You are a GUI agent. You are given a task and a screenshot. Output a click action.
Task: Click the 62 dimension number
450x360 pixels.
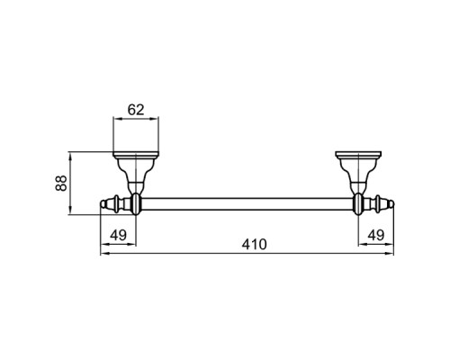pos(136,110)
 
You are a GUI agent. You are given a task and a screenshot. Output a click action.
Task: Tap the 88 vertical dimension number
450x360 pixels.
pos(61,183)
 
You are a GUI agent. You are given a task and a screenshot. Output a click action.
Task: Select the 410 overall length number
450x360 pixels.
pos(254,245)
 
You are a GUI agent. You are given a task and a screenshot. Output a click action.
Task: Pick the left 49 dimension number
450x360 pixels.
pos(119,235)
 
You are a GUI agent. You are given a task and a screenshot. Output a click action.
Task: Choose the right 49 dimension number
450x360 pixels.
pos(376,235)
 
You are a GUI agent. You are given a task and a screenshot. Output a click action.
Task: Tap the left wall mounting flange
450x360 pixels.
pos(136,155)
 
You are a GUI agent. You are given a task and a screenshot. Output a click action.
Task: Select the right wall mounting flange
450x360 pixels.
pos(358,155)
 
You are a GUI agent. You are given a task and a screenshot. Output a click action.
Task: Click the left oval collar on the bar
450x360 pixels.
pos(136,204)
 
